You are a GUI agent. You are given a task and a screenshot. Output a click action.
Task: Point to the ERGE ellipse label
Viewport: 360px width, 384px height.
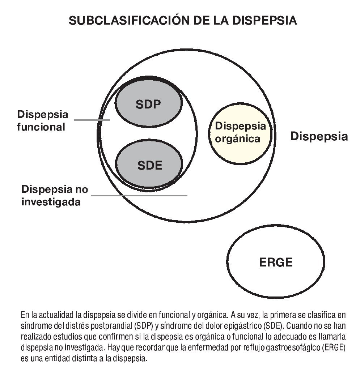coord(276,262)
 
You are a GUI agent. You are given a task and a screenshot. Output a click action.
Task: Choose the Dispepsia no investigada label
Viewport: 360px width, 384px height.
coord(54,195)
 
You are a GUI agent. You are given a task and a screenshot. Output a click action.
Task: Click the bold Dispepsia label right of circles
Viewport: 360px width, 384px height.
coord(319,136)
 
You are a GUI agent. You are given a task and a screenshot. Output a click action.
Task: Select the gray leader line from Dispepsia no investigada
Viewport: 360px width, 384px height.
coord(139,196)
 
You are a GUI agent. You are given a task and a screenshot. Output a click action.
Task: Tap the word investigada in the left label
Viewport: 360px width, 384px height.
coord(51,201)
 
